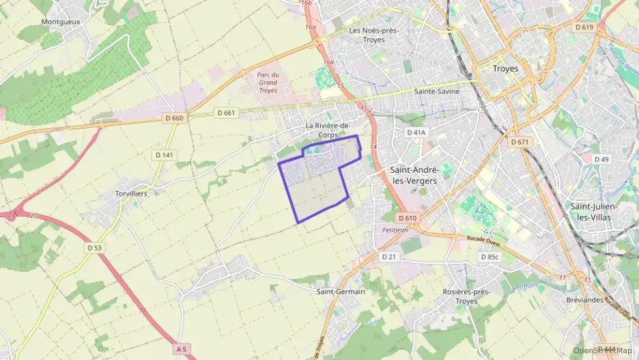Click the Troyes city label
coord(505,69)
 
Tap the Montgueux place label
coord(61,22)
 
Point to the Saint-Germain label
coord(341,292)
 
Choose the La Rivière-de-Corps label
coord(328,130)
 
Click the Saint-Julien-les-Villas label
coord(593,212)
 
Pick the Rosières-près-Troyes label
coord(466,296)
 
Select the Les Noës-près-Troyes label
coord(373,35)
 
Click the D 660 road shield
coord(174,118)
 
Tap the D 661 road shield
coord(225,113)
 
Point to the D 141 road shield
coord(165,155)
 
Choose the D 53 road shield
coord(94,247)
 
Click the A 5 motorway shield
coord(181,349)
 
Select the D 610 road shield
coord(406,218)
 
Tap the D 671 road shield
coord(520,141)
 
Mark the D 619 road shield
coord(584,27)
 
